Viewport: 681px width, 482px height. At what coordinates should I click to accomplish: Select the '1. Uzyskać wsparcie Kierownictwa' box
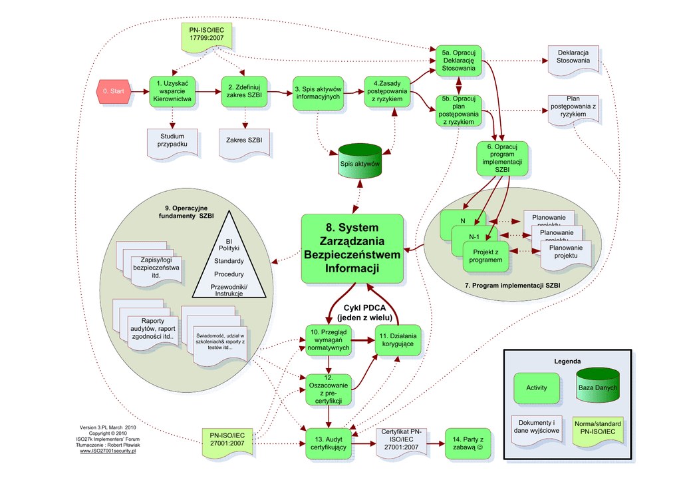pyautogui.click(x=172, y=91)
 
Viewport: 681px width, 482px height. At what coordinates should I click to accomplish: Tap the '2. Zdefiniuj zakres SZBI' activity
pyautogui.click(x=244, y=92)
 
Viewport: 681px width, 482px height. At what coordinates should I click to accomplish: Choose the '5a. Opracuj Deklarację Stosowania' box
pyautogui.click(x=459, y=61)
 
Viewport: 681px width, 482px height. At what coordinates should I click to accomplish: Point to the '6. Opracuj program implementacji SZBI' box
pyautogui.click(x=502, y=158)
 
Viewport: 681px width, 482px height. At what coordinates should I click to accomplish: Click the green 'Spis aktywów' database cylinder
pyautogui.click(x=360, y=162)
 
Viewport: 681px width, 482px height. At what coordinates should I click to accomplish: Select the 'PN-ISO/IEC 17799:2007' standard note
pyautogui.click(x=206, y=37)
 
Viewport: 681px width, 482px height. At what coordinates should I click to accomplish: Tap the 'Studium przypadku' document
pyautogui.click(x=172, y=142)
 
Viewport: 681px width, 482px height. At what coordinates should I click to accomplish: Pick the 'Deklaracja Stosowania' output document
pyautogui.click(x=573, y=59)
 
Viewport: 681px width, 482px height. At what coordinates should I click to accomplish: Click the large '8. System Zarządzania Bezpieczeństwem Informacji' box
pyautogui.click(x=352, y=247)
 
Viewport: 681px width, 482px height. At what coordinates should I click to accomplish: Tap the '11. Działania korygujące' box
pyautogui.click(x=398, y=340)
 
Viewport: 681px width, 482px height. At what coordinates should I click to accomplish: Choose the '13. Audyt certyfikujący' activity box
pyautogui.click(x=329, y=443)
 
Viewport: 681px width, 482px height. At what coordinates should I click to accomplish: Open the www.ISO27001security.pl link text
pyautogui.click(x=108, y=451)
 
